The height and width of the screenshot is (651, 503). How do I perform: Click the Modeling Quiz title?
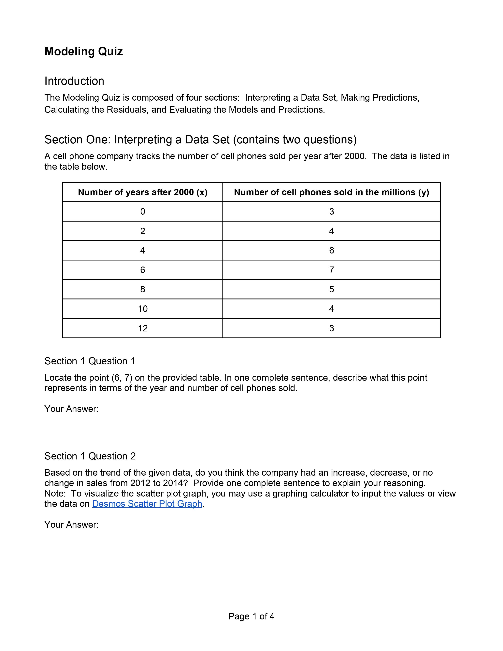(83, 51)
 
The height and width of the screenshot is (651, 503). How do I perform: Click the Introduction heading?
(74, 81)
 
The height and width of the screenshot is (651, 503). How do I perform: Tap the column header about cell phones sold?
(331, 192)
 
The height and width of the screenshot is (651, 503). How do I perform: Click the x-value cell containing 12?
(143, 328)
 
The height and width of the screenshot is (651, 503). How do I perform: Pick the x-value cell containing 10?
(143, 309)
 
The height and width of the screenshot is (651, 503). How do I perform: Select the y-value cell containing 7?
(331, 270)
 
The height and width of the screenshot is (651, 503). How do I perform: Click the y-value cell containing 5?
(331, 289)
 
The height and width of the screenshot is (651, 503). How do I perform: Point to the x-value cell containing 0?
(143, 212)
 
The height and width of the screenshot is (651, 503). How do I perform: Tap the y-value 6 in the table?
(331, 250)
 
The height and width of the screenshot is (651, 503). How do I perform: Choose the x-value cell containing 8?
(143, 289)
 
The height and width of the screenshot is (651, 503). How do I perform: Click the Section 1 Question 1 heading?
(90, 361)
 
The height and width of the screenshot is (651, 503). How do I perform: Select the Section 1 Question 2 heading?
(90, 456)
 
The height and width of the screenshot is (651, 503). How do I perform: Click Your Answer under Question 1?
(71, 409)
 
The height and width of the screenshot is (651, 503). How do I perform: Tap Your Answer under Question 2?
(71, 525)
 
